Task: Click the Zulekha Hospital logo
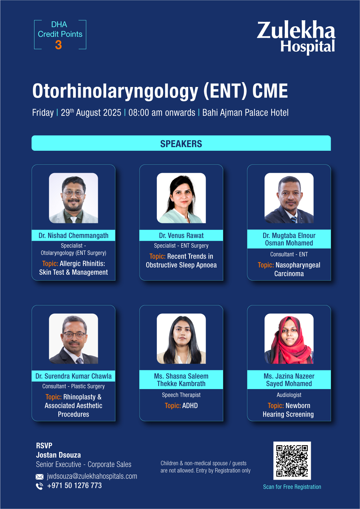tap(296, 37)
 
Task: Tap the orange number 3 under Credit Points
tap(58, 45)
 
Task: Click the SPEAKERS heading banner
tap(181, 143)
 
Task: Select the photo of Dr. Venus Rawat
tap(181, 198)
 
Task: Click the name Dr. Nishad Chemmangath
tap(73, 235)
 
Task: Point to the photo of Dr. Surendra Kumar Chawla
tap(73, 339)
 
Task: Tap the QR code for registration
tap(292, 460)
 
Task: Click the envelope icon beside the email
tap(40, 476)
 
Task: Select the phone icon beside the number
tap(40, 486)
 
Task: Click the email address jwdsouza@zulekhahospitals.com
tap(92, 476)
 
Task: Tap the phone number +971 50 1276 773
tap(74, 486)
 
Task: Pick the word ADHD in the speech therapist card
tap(190, 406)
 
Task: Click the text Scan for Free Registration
tap(292, 487)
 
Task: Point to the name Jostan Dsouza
tap(58, 455)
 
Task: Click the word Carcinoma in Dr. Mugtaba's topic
tap(289, 274)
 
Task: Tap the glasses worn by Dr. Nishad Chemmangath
tap(73, 194)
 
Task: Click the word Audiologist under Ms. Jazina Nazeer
tap(289, 395)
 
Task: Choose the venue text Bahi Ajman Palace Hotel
tap(245, 112)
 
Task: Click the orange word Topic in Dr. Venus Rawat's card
tap(157, 256)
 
